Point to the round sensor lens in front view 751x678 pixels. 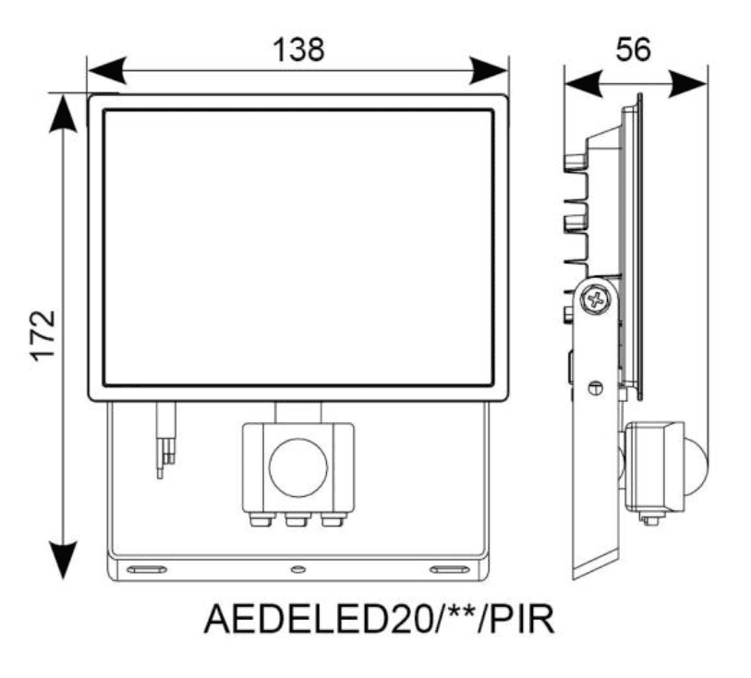coord(297,466)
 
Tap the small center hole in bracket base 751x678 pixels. coord(297,570)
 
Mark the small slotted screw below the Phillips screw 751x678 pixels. coord(596,388)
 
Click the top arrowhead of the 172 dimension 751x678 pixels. coord(62,112)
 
